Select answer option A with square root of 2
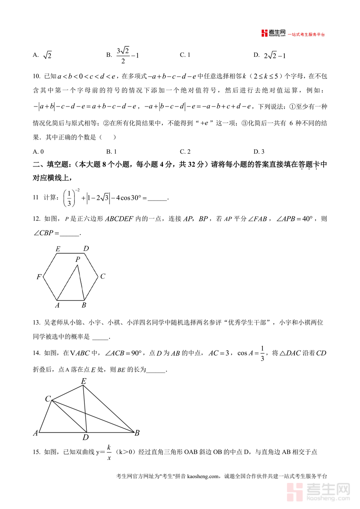click(x=42, y=56)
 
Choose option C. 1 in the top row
click(x=185, y=55)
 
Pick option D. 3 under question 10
click(x=259, y=151)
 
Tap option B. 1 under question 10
click(x=111, y=151)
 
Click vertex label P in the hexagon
click(x=78, y=259)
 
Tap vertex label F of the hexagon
click(x=39, y=277)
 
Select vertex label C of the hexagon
click(x=102, y=276)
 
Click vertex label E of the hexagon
click(x=58, y=249)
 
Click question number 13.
click(x=36, y=323)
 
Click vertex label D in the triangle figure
click(x=86, y=437)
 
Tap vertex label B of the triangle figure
click(x=137, y=433)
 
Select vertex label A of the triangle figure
click(x=36, y=433)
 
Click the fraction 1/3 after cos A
click(x=262, y=353)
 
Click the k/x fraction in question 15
click(x=109, y=452)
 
